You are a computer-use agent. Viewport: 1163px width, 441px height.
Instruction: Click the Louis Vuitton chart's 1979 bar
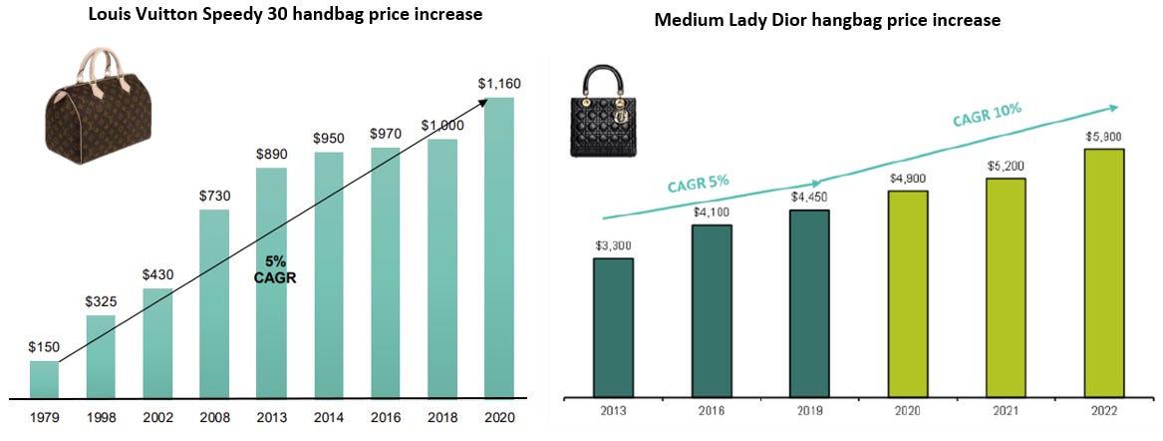point(44,380)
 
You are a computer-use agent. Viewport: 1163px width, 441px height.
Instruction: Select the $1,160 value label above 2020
point(499,84)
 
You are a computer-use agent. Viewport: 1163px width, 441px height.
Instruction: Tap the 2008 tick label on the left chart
point(214,417)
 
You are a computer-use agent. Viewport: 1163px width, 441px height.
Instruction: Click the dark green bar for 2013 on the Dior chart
point(613,326)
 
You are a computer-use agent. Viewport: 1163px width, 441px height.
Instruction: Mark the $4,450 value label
point(808,198)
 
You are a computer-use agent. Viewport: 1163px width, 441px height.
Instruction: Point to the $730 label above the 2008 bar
point(215,197)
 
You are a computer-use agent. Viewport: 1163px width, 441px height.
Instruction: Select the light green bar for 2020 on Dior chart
point(907,292)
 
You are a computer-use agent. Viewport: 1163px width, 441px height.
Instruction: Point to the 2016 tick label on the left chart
point(385,417)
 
